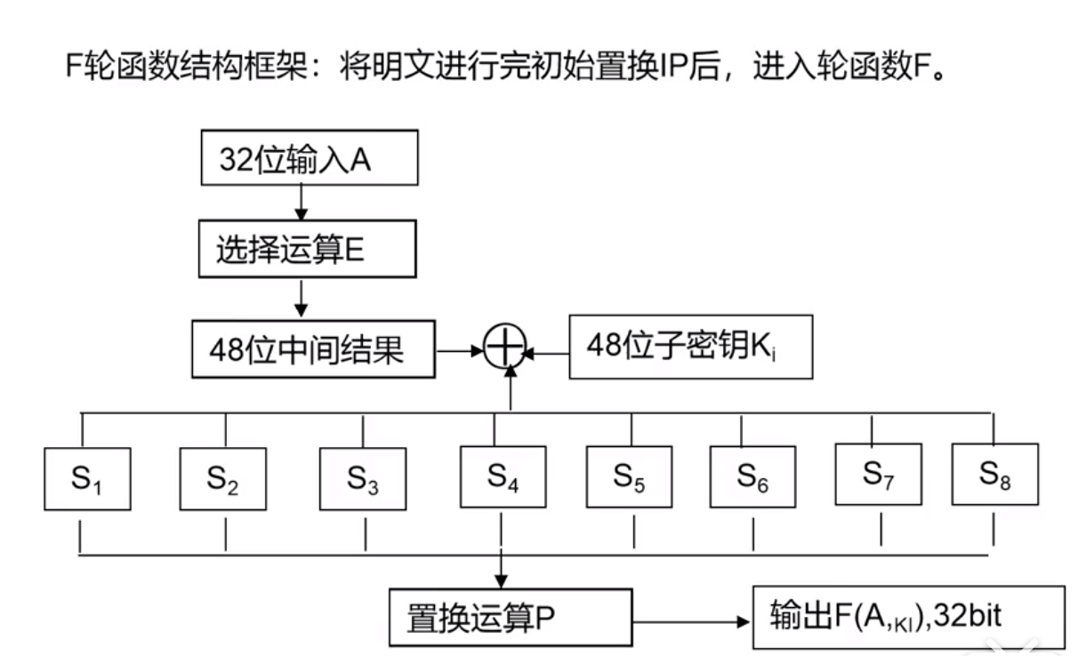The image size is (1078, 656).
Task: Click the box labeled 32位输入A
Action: tap(309, 159)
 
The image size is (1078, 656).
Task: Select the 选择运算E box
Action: tap(307, 252)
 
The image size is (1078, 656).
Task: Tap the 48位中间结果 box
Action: tap(313, 350)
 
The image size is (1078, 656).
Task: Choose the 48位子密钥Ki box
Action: tap(690, 347)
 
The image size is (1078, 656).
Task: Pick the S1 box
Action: tap(87, 479)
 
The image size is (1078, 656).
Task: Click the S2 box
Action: tap(222, 479)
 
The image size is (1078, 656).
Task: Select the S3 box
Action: tap(363, 479)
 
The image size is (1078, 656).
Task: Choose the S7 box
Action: tap(878, 474)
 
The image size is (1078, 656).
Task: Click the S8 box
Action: tap(994, 474)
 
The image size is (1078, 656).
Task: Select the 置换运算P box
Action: tap(510, 617)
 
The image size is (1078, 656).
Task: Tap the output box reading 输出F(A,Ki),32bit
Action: tap(908, 617)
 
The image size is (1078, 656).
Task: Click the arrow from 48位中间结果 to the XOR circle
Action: tap(459, 351)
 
